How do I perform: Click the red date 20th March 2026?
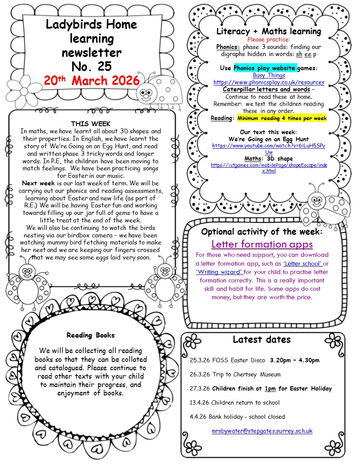pyautogui.click(x=91, y=81)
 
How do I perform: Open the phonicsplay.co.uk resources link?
pyautogui.click(x=269, y=83)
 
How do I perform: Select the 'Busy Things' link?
pyautogui.click(x=269, y=75)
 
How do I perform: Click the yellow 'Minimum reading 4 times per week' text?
pyautogui.click(x=282, y=119)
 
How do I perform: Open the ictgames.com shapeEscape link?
pyautogui.click(x=269, y=168)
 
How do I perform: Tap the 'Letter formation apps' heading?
pyautogui.click(x=262, y=244)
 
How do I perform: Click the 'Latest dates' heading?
pyautogui.click(x=262, y=339)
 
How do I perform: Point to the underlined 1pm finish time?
pyautogui.click(x=270, y=389)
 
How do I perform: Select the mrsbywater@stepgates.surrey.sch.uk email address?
pyautogui.click(x=262, y=431)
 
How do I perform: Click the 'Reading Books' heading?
pyautogui.click(x=90, y=335)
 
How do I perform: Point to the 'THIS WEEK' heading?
pyautogui.click(x=91, y=124)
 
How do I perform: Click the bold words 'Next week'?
pyautogui.click(x=37, y=183)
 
